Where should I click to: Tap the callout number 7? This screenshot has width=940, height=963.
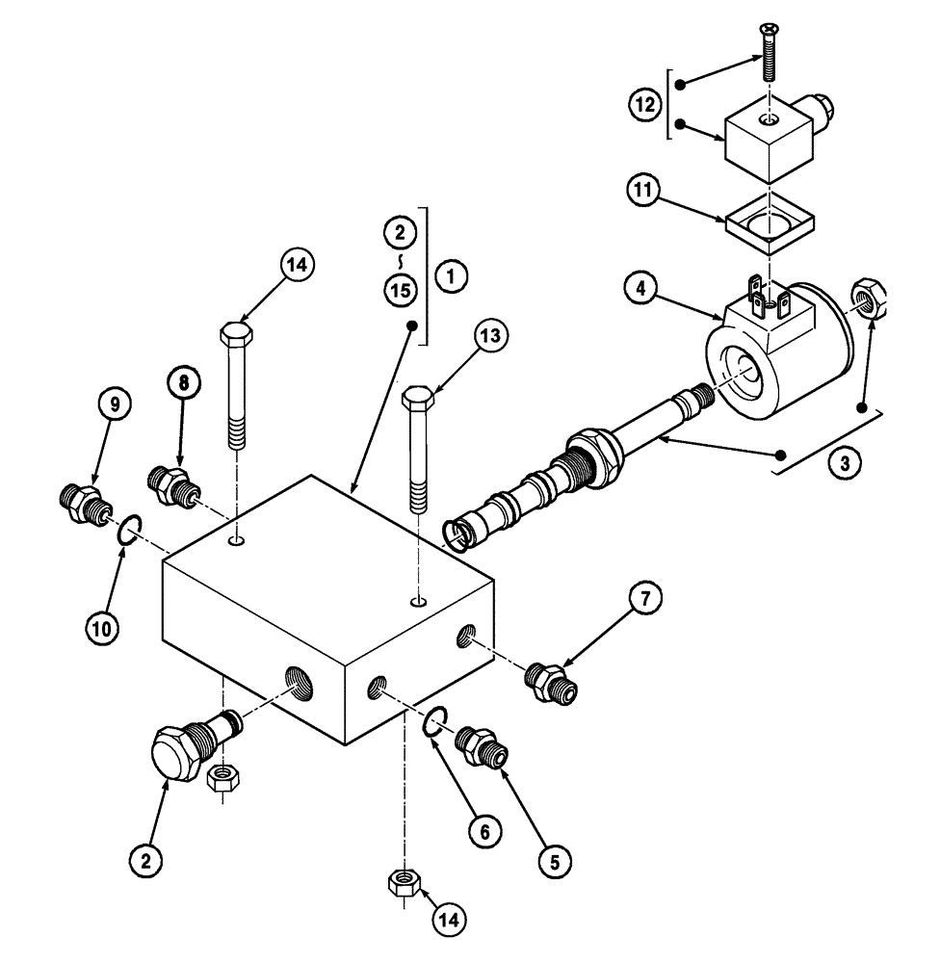pyautogui.click(x=644, y=598)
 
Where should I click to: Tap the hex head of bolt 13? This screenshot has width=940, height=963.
pyautogui.click(x=417, y=400)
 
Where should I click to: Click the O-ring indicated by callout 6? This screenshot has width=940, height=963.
pyautogui.click(x=437, y=719)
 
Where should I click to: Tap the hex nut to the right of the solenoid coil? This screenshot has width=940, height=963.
pyautogui.click(x=869, y=300)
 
